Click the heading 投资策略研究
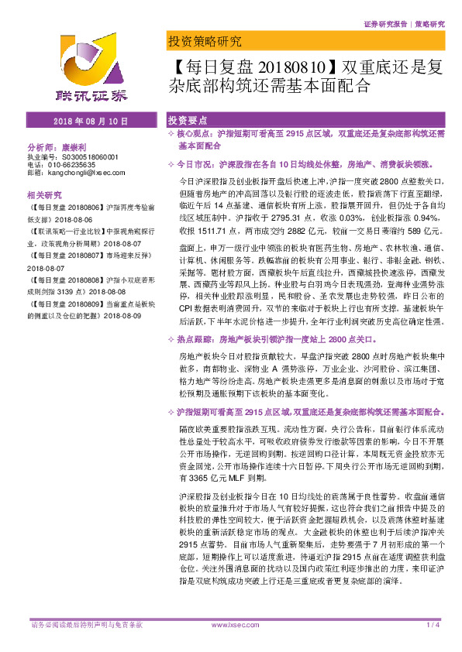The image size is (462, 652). click(x=204, y=41)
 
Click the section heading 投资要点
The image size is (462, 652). click(x=188, y=122)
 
